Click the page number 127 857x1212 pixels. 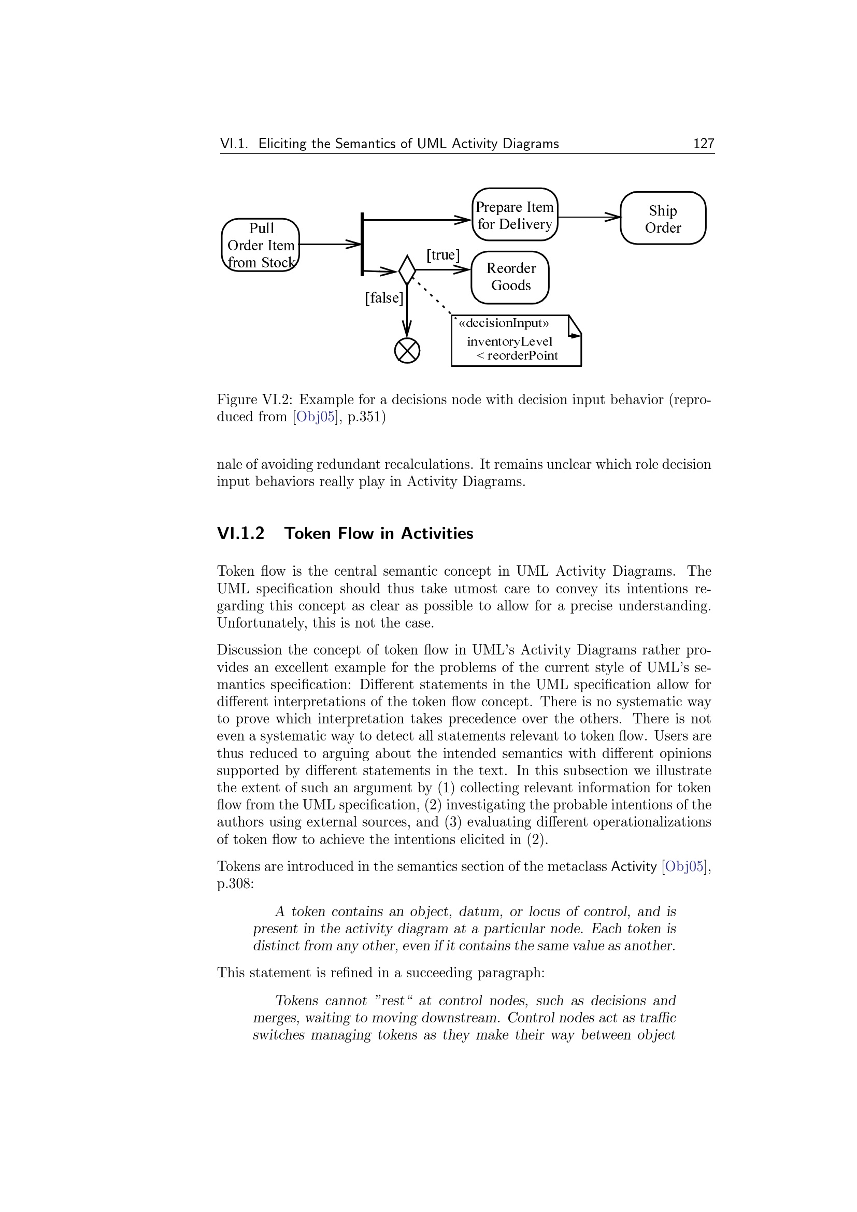click(704, 144)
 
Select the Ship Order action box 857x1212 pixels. click(663, 219)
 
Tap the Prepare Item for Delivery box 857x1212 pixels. click(515, 215)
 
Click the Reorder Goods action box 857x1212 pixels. click(510, 277)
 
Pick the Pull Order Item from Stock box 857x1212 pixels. click(261, 245)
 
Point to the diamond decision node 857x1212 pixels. click(407, 270)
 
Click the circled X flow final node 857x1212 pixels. click(407, 351)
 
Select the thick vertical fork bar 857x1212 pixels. click(362, 244)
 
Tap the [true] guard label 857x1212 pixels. click(442, 255)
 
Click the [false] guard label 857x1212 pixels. click(383, 298)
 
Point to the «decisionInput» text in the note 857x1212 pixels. click(504, 323)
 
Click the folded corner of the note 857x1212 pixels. click(574, 327)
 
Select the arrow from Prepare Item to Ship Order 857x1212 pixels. click(589, 217)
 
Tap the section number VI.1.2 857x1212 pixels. click(240, 534)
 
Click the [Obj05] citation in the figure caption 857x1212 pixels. click(315, 417)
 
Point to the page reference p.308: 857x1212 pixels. click(235, 883)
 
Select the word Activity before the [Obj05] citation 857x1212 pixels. click(633, 867)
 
